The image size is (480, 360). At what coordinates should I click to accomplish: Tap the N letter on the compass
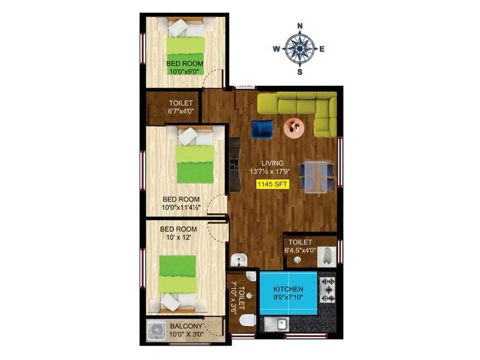pyautogui.click(x=300, y=26)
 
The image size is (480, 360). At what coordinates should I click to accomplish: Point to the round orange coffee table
pyautogui.click(x=295, y=128)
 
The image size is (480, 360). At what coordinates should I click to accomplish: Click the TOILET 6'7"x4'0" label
pyautogui.click(x=181, y=107)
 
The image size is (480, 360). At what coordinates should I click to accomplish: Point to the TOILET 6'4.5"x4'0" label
pyautogui.click(x=308, y=247)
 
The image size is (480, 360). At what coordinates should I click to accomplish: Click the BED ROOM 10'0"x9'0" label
pyautogui.click(x=184, y=67)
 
